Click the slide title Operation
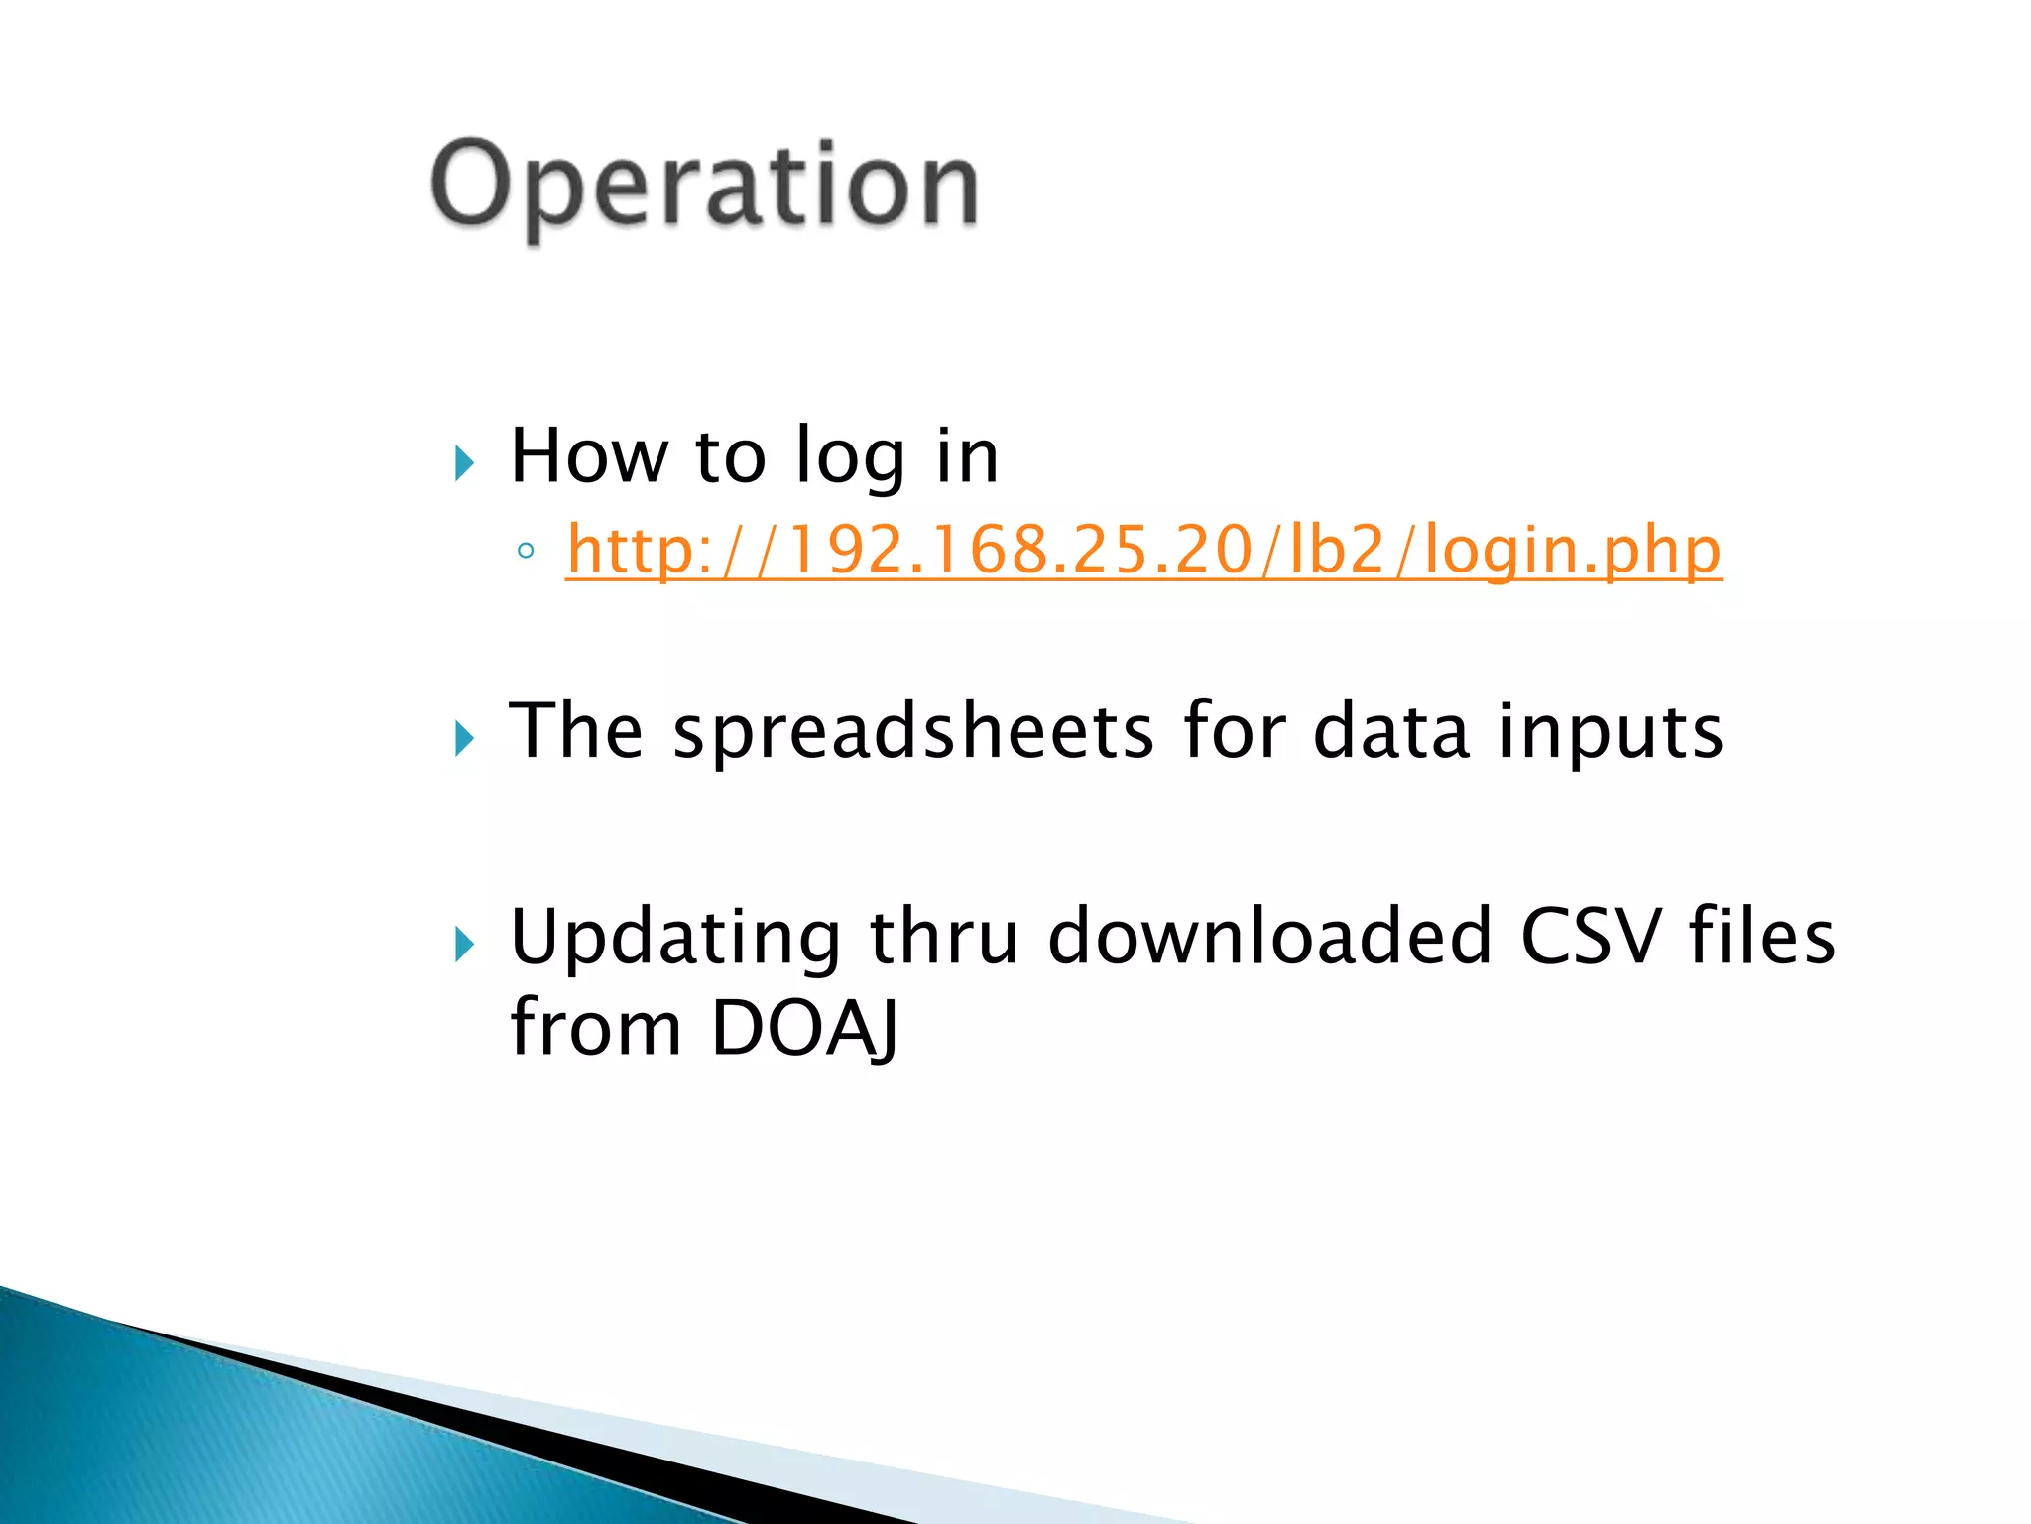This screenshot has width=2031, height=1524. point(704,187)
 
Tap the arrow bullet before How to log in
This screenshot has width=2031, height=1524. point(464,463)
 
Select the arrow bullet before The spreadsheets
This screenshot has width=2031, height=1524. point(464,738)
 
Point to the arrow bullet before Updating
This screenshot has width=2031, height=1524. point(464,944)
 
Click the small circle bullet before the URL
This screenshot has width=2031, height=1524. point(526,551)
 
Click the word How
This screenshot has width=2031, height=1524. point(588,455)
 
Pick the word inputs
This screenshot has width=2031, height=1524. point(1610,732)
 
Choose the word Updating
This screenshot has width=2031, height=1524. point(674,938)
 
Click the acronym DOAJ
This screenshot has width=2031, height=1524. point(804,1028)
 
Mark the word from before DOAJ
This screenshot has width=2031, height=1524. point(595,1028)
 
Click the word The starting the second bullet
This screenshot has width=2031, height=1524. point(575,731)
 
